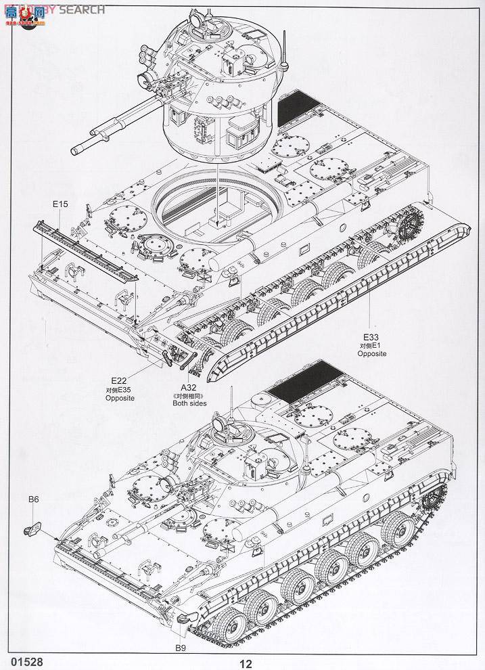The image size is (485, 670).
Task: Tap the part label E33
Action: click(371, 337)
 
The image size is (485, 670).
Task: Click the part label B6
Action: click(34, 499)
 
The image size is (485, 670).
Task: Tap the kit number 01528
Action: click(20, 658)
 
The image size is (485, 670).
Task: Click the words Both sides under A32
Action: click(189, 403)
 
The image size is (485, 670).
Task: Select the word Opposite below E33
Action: click(371, 354)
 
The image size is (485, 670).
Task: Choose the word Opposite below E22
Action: click(120, 398)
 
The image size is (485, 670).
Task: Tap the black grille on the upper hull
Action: click(296, 106)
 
